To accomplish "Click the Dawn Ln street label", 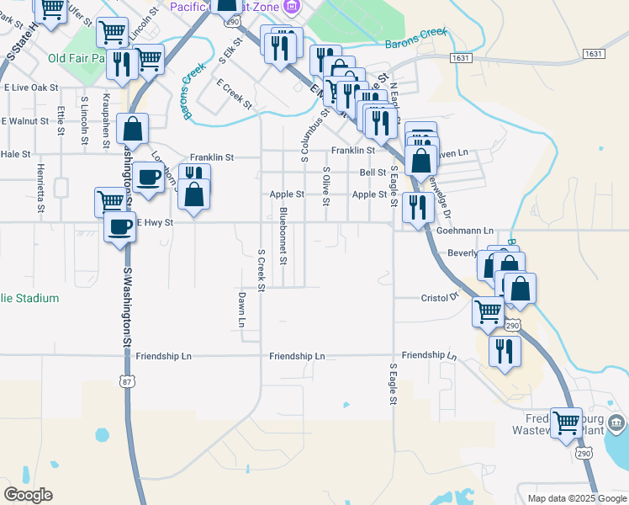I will (241, 310).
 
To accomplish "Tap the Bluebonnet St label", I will (283, 236).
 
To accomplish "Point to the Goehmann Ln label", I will (464, 230).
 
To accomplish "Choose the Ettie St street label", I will (61, 120).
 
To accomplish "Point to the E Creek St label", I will (235, 94).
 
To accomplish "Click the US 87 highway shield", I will (127, 381).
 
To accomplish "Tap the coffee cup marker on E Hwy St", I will (119, 227).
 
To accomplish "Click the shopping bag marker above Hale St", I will (132, 129).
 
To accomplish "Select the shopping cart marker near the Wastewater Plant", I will (567, 422).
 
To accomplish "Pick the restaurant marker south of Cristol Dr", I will (505, 350).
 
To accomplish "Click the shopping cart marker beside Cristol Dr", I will (489, 312).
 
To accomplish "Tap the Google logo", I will (28, 494).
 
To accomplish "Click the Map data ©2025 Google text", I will (576, 498).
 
